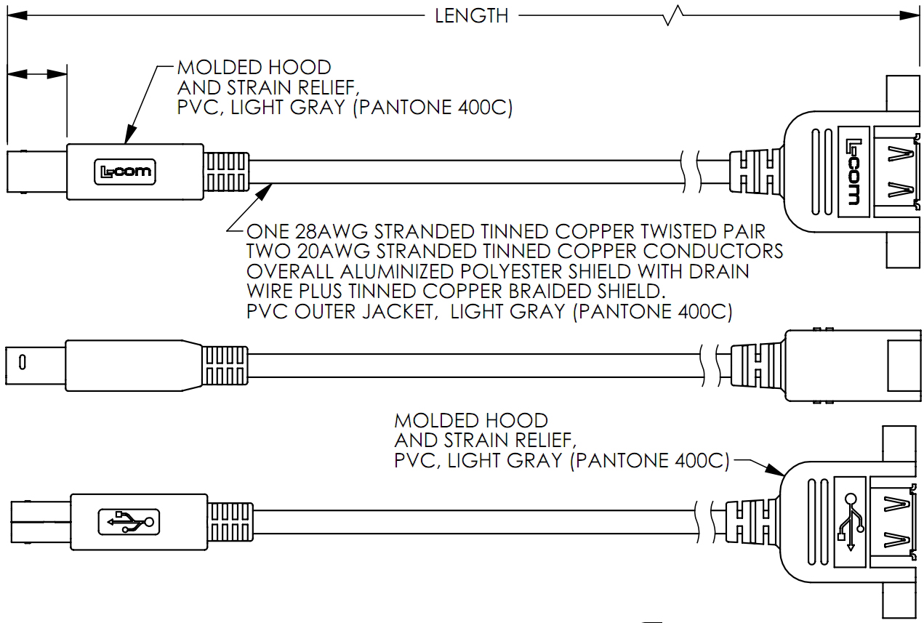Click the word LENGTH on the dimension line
pyautogui.click(x=471, y=15)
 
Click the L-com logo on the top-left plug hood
pyautogui.click(x=127, y=173)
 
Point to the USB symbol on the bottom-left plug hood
pyautogui.click(x=129, y=521)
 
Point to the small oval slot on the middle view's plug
pyautogui.click(x=23, y=361)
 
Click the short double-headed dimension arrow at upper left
pyautogui.click(x=36, y=74)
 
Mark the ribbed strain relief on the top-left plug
pyautogui.click(x=228, y=173)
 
